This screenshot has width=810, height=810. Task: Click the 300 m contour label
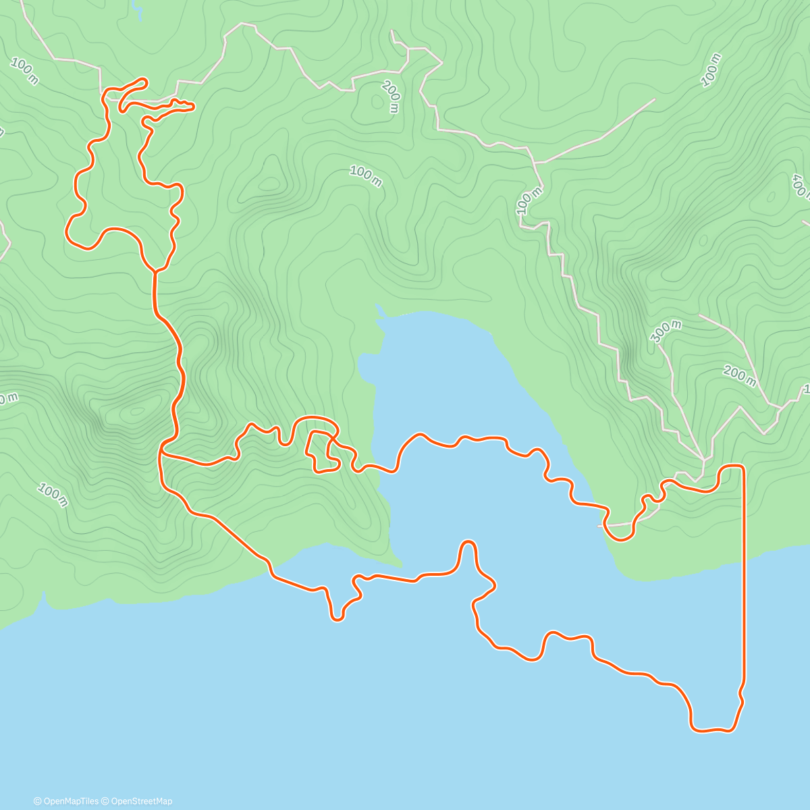point(667,331)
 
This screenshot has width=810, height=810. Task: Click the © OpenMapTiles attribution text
point(66,801)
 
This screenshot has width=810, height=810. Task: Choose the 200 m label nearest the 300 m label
point(739,375)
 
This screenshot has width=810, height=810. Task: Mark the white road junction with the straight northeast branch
point(535,163)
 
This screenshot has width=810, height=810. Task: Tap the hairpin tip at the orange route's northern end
point(143,82)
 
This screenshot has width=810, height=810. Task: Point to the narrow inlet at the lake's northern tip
point(379,310)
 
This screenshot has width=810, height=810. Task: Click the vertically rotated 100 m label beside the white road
point(529,200)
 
